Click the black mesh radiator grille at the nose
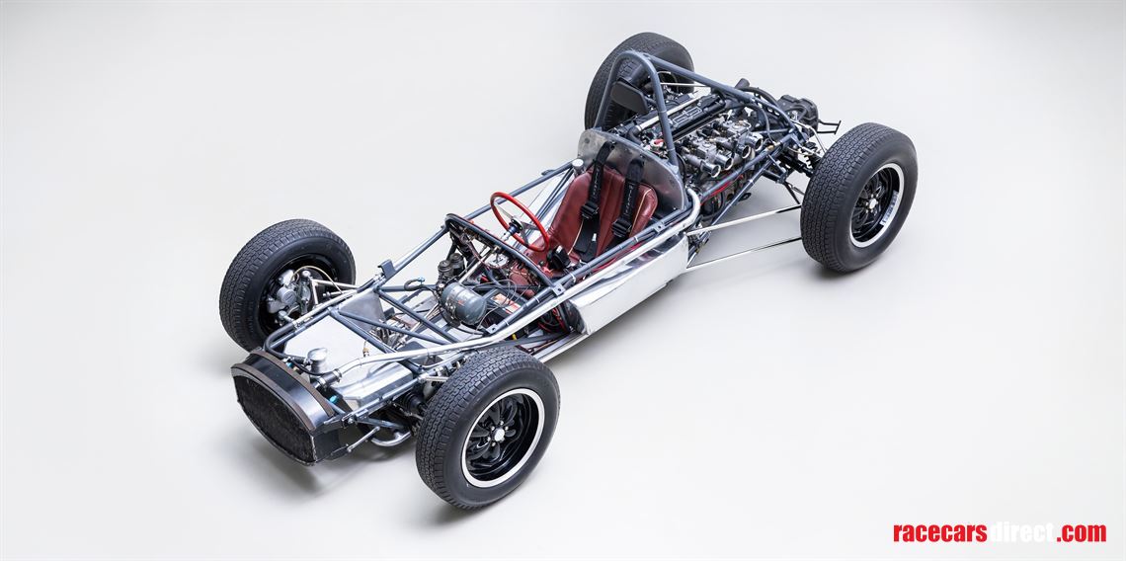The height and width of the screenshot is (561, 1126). pos(271,415)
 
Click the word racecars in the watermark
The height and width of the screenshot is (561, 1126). pos(938,532)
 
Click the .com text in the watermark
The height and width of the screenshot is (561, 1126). pos(1081,532)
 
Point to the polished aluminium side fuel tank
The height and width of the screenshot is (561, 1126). pos(632,286)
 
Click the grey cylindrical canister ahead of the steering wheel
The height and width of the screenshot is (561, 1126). pos(463,302)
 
